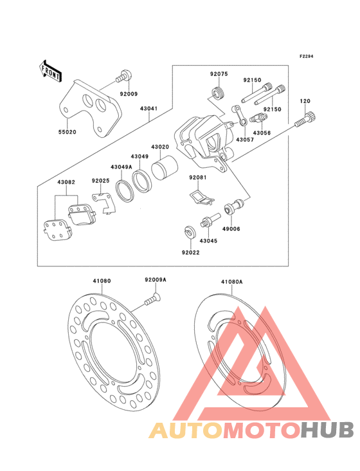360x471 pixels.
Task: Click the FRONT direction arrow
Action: [x=50, y=71]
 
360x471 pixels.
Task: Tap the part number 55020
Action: [x=67, y=132]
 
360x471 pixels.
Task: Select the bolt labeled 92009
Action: [x=123, y=76]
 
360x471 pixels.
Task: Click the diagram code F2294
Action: [x=306, y=56]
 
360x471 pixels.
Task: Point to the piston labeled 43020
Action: [x=164, y=168]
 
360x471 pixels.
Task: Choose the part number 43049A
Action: [x=122, y=167]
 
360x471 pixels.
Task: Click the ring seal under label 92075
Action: [x=218, y=93]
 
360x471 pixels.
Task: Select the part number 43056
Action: [x=262, y=133]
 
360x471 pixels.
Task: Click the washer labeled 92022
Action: [x=189, y=232]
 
